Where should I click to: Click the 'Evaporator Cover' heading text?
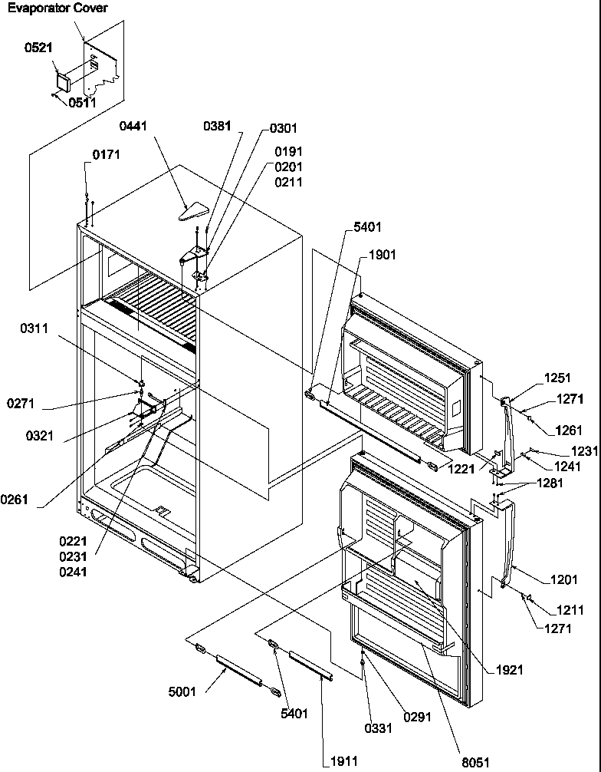tap(57, 8)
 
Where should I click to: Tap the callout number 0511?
tap(82, 102)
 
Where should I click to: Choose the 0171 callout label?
tap(107, 155)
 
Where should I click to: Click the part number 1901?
tap(383, 255)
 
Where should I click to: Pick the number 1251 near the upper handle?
tap(558, 378)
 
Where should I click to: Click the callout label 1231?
tap(584, 452)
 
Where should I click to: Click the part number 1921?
tap(509, 670)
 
